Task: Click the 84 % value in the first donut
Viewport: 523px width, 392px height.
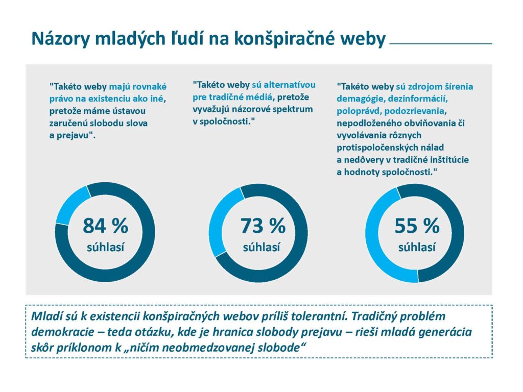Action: pyautogui.click(x=105, y=225)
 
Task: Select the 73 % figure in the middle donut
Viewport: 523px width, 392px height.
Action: pyautogui.click(x=263, y=226)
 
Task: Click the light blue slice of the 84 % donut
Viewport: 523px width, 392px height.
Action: pyautogui.click(x=70, y=205)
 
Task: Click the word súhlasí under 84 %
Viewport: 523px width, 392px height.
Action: pyautogui.click(x=105, y=248)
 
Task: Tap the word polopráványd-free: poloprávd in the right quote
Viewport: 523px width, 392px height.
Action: pyautogui.click(x=358, y=111)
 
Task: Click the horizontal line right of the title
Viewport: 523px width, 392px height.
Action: pyautogui.click(x=440, y=44)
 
